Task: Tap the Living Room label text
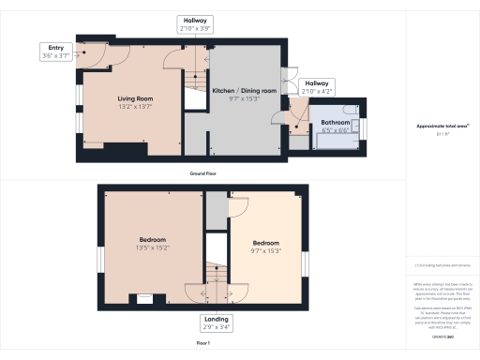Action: coord(135,97)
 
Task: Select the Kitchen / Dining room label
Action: coord(244,90)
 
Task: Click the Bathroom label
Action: coord(336,122)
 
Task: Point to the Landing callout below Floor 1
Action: coord(214,322)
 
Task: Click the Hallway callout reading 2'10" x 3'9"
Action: coord(195,24)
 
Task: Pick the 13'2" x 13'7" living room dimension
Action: coord(135,107)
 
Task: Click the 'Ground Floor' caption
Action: coord(203,174)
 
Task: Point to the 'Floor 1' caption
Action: coord(203,344)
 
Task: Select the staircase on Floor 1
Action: coord(217,273)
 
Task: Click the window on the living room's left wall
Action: coord(79,98)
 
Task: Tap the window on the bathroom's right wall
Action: coord(366,125)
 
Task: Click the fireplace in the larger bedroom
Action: coord(144,299)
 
